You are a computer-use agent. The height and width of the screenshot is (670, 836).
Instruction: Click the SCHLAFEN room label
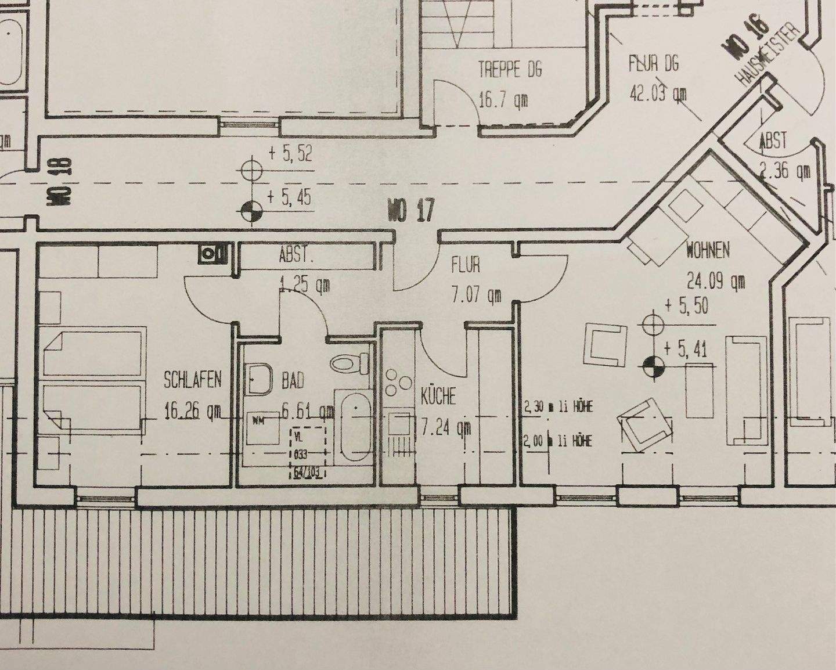(192, 380)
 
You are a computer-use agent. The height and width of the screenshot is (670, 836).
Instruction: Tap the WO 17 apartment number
(410, 210)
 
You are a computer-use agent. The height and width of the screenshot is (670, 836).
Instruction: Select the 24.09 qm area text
(716, 282)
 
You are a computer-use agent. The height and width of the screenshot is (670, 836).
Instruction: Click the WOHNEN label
(708, 250)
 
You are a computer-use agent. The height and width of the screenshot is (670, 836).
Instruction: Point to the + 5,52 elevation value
(290, 154)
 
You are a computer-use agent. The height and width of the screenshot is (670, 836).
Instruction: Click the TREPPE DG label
(510, 70)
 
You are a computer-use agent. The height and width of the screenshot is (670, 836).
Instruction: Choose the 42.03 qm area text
(658, 93)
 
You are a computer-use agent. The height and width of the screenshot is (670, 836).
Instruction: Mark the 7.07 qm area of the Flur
(477, 295)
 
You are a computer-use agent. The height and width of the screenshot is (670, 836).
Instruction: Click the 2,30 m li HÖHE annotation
(558, 406)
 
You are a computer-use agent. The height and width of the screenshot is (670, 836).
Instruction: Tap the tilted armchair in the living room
(643, 421)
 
